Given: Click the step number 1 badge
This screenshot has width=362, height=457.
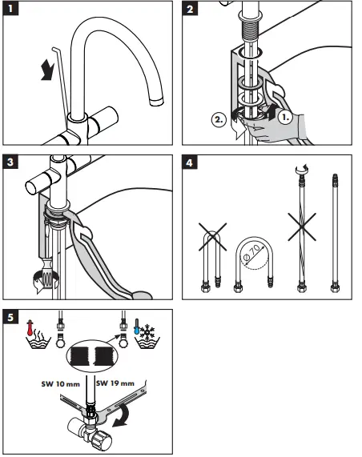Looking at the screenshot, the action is [10, 9].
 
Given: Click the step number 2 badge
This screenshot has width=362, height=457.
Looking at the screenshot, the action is [190, 9].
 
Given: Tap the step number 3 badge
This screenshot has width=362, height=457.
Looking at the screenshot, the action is [10, 162].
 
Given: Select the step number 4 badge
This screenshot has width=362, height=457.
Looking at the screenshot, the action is [190, 162].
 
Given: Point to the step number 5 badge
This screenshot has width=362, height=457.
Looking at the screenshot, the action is [10, 317].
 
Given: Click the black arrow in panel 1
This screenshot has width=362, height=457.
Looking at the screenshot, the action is [47, 70].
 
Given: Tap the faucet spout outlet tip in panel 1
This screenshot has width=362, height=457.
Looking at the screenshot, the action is [156, 102].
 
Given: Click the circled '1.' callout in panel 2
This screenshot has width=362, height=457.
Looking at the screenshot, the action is [285, 117].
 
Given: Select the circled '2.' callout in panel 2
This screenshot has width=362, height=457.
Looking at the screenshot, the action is [219, 119].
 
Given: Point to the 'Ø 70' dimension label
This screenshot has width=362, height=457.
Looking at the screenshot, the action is [251, 252].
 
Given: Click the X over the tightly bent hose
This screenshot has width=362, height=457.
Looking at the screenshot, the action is [213, 237].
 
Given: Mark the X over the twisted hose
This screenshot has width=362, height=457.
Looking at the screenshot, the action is [302, 226].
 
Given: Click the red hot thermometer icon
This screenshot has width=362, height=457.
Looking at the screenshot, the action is [30, 328].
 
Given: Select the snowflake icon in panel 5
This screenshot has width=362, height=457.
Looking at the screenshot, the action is [147, 331].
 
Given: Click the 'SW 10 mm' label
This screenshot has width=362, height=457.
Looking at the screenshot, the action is [61, 384].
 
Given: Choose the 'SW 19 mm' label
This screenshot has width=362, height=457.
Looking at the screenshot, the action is [115, 383].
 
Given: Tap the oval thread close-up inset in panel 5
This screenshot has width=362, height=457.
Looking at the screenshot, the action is [92, 355].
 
